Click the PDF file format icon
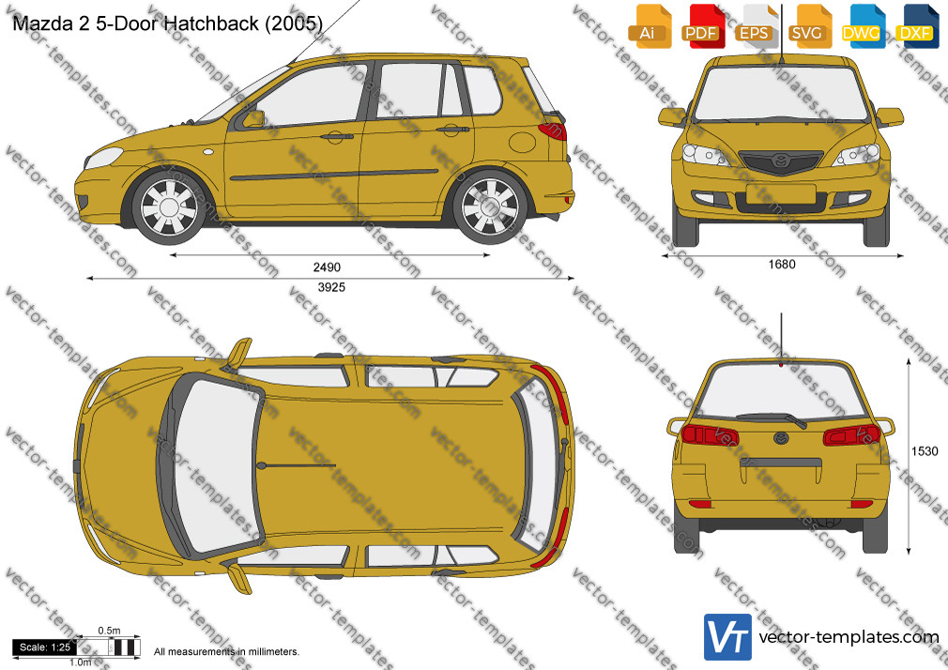[701, 26]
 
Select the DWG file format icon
[862, 26]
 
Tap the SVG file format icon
[808, 26]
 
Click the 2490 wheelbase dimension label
[327, 266]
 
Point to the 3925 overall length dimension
[331, 287]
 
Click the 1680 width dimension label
[782, 265]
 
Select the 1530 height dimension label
[925, 451]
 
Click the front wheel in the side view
[169, 207]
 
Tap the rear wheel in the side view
[490, 207]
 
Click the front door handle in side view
[337, 136]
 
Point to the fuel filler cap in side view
[523, 143]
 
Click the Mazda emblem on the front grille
[781, 160]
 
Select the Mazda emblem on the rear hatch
[781, 438]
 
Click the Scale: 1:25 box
[45, 647]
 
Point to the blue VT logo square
[727, 637]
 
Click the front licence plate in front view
[781, 194]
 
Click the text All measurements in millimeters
[226, 652]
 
